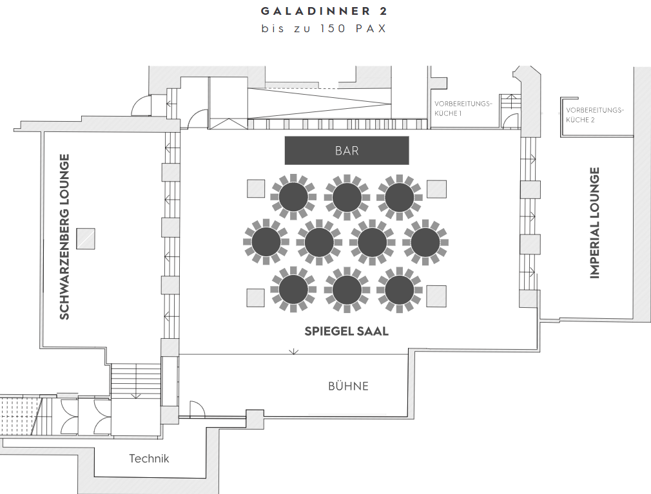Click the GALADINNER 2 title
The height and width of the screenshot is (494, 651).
coord(324,11)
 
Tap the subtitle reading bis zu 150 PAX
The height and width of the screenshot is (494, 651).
coord(324,28)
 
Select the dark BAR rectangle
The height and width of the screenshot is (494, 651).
coord(347,151)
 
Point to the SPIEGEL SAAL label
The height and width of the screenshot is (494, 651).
coord(347,331)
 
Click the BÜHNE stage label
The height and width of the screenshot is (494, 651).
coord(348,386)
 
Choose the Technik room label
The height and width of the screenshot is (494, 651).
coord(149,459)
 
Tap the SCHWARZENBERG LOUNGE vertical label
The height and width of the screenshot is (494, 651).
coord(64,237)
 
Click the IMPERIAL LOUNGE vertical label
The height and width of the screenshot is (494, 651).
coord(595,223)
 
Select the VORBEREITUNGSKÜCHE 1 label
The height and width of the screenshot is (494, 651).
coord(463,108)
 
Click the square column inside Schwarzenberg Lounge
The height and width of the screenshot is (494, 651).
coord(86,238)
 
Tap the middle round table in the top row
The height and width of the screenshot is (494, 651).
coord(347,197)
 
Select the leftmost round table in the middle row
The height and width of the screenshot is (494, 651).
coord(266,242)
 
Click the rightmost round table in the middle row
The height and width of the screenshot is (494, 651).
coord(425,242)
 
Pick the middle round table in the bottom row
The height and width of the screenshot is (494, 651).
coord(347,290)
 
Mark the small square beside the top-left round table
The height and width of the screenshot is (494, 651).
coord(256,188)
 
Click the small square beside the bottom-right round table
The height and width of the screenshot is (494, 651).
coord(437,296)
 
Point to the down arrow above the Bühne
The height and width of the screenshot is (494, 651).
coord(293,351)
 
